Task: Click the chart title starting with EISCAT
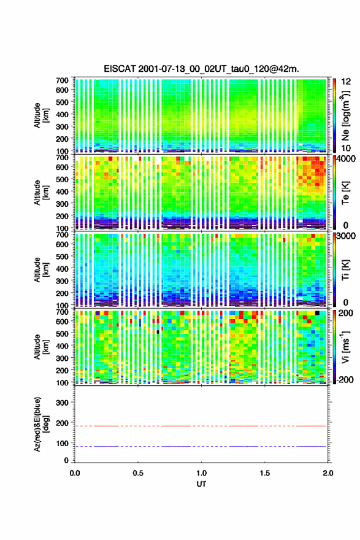tap(201, 69)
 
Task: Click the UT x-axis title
tap(201, 484)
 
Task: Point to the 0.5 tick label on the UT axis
tap(138, 473)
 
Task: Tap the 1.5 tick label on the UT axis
tap(265, 473)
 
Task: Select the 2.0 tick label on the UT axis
tap(328, 473)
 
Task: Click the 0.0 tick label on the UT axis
tap(75, 473)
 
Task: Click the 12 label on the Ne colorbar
tap(346, 82)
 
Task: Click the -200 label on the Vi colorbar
tap(345, 379)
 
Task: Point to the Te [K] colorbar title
tap(345, 193)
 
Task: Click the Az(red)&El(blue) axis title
tap(41, 424)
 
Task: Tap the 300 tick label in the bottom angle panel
tap(63, 403)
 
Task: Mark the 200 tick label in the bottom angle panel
tap(63, 423)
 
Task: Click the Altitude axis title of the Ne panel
tap(41, 115)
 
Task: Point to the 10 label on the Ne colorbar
tap(346, 148)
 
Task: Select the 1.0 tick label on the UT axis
tap(201, 473)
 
